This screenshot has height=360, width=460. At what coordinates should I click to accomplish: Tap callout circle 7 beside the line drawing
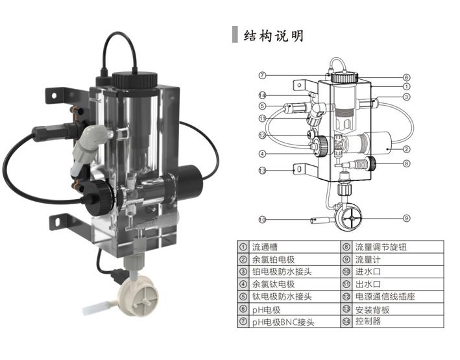pyautogui.click(x=263, y=75)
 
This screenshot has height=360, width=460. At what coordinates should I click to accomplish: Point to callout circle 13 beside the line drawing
pyautogui.click(x=263, y=171)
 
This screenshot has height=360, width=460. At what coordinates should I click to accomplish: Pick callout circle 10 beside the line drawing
pyautogui.click(x=263, y=220)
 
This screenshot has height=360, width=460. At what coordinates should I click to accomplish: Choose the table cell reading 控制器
pyautogui.click(x=368, y=321)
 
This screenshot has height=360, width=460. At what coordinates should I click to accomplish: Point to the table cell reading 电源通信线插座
pyautogui.click(x=382, y=296)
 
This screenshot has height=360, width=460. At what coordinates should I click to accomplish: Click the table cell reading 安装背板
pyautogui.click(x=372, y=309)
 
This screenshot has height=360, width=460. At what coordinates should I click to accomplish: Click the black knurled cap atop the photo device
pyautogui.click(x=134, y=80)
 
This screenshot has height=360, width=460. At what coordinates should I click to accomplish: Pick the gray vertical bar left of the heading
pyautogui.click(x=235, y=36)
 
